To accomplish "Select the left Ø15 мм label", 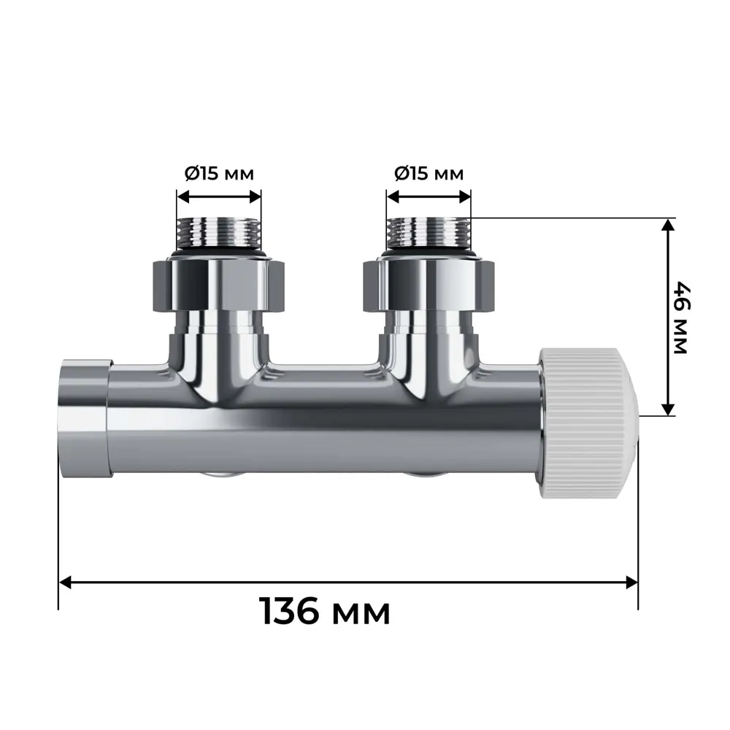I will click(218, 174).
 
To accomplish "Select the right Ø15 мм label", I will click(429, 174).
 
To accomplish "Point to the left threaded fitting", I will click(219, 233).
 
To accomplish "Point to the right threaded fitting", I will click(429, 233).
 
